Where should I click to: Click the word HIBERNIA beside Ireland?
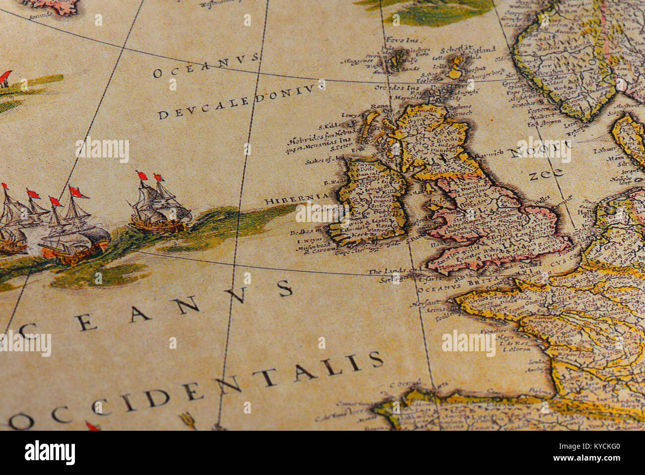point(297,200)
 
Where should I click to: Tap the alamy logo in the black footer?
point(50,452)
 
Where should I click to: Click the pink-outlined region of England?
point(491,224)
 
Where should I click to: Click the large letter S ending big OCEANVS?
point(284,288)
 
